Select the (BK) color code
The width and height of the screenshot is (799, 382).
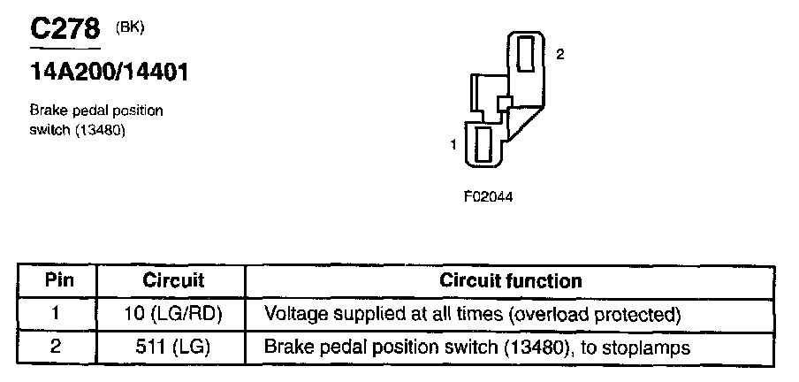tap(130, 27)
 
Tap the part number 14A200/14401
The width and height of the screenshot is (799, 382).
tap(109, 72)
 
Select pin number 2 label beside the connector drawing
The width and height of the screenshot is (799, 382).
tap(559, 54)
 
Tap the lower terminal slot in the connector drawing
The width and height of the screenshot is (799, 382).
tap(483, 144)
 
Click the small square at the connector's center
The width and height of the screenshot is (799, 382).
tap(505, 102)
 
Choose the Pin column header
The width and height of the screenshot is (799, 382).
tap(58, 281)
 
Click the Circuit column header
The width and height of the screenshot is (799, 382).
tap(173, 281)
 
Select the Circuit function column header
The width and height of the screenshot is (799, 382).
tap(511, 281)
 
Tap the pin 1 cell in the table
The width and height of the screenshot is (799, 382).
tap(56, 314)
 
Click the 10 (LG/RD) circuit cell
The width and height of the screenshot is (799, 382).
tap(173, 314)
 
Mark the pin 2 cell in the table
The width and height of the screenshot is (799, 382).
tap(56, 347)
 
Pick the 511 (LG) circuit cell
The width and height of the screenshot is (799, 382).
tap(173, 347)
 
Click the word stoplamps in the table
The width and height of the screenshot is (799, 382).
tap(648, 348)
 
